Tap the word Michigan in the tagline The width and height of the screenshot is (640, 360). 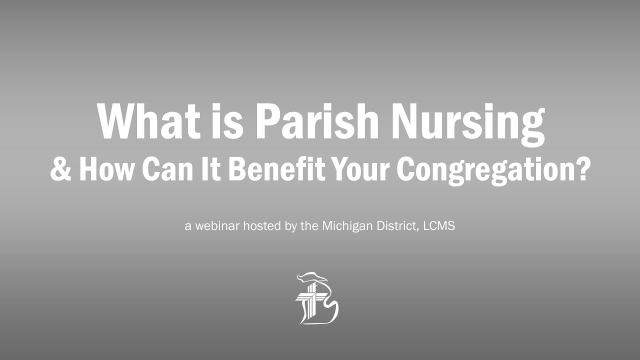344,226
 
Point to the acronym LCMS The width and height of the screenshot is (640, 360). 439,226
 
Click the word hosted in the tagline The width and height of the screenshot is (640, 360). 260,226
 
